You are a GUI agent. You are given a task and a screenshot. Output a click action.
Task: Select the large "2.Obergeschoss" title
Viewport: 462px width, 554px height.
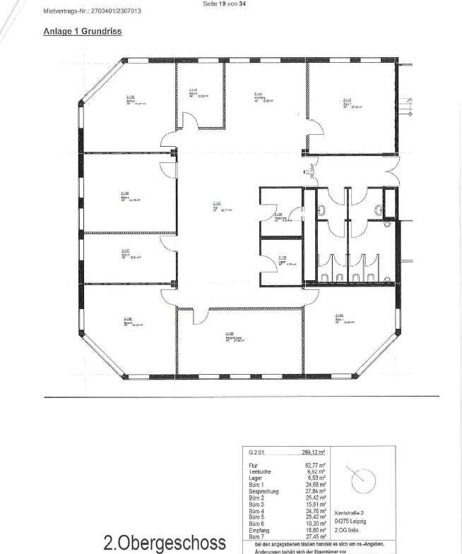tap(165, 542)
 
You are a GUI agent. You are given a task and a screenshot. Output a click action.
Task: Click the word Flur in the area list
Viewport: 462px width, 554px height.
tap(253, 466)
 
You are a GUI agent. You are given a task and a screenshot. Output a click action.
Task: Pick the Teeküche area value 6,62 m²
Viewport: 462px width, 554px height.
tap(314, 473)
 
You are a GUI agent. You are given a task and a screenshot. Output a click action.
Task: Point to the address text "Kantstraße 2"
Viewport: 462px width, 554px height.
tap(350, 513)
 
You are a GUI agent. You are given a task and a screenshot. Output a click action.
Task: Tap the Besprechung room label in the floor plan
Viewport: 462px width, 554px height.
tap(231, 336)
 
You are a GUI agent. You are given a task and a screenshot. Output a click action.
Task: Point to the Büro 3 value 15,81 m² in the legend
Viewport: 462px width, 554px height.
tap(314, 505)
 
